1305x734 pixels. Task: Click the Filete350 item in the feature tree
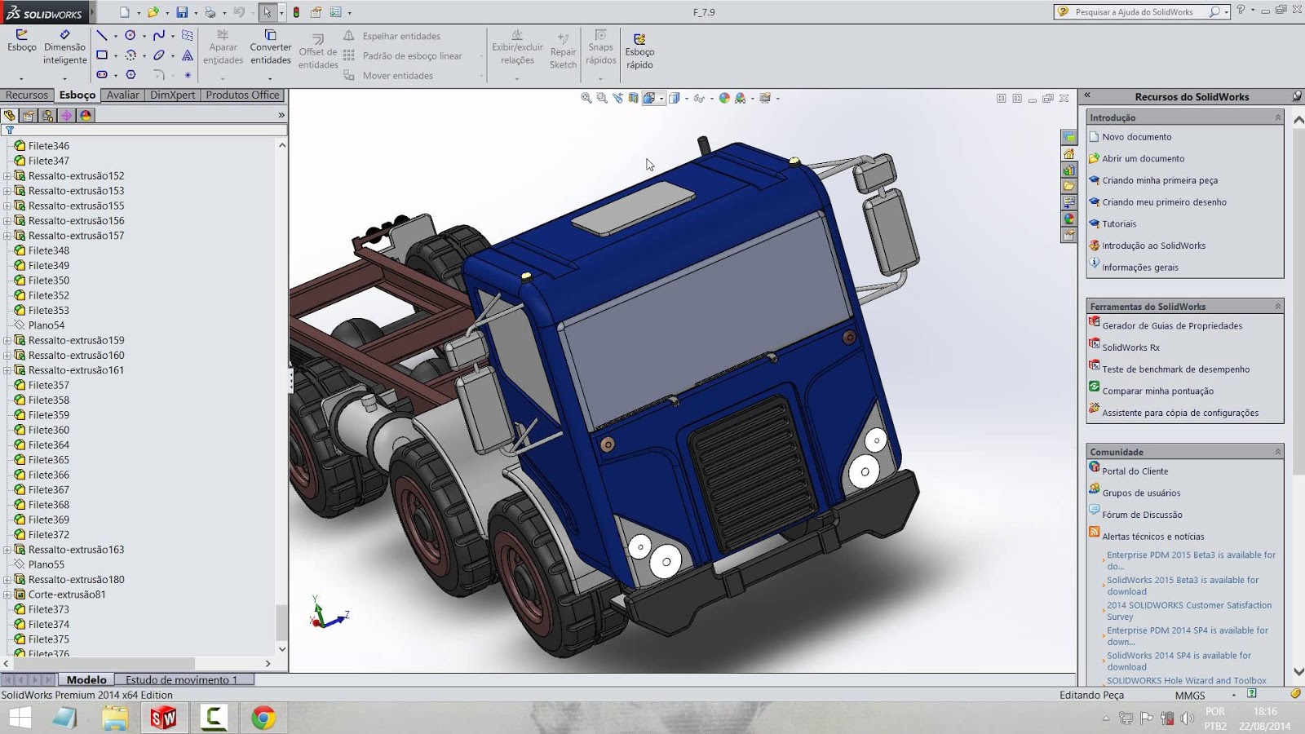[48, 281]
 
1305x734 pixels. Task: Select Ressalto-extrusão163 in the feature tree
[76, 550]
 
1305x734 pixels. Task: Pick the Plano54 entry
[46, 325]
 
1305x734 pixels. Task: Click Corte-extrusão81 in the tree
[67, 595]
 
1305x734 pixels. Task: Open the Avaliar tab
[122, 95]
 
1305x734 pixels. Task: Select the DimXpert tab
[172, 95]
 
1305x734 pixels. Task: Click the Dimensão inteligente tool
[64, 47]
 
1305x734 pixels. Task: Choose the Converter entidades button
[270, 47]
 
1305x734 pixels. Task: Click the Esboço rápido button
[639, 51]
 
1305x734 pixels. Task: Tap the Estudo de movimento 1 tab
[181, 679]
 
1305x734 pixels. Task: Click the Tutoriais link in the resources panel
[1118, 224]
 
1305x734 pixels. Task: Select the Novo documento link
[1136, 137]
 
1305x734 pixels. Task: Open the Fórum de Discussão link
[1141, 515]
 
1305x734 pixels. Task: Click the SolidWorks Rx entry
[1130, 347]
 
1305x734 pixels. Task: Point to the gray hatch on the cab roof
[633, 208]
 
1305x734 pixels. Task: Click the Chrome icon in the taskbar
[263, 718]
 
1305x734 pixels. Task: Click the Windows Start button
[20, 718]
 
